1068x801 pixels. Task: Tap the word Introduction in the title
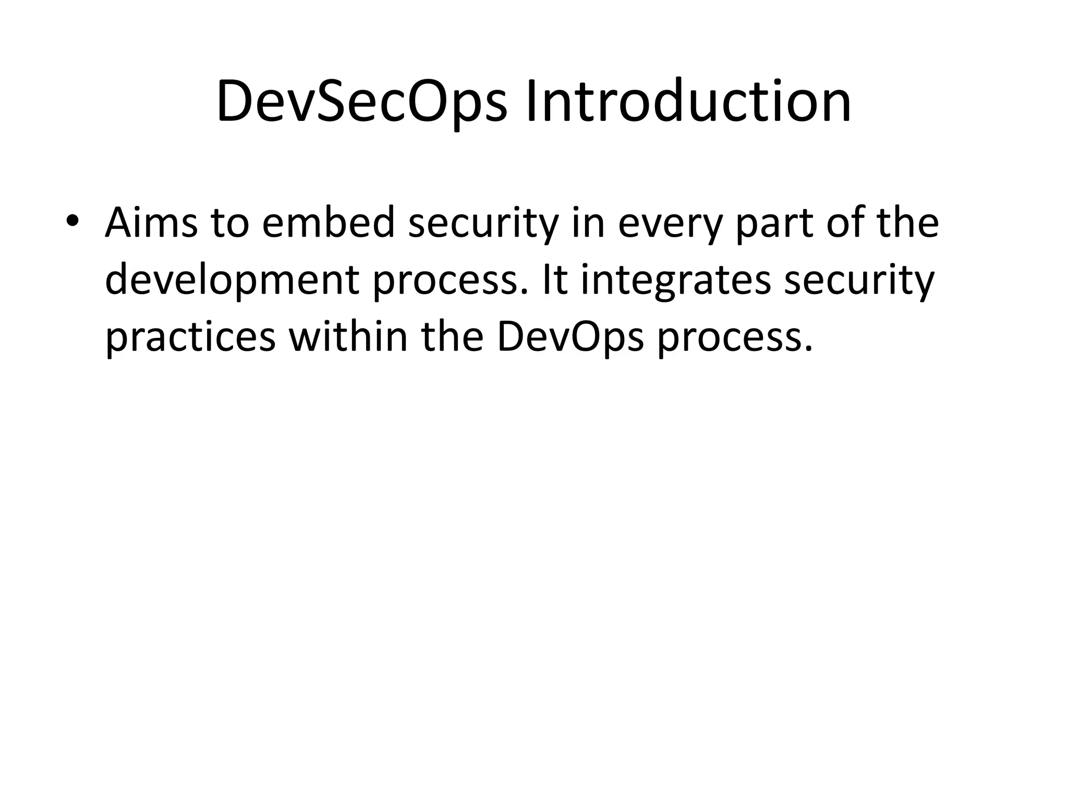point(688,102)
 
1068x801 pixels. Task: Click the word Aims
point(151,223)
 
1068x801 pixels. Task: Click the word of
point(847,223)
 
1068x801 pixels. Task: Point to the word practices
point(190,338)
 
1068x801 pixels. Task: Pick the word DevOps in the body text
point(571,338)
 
